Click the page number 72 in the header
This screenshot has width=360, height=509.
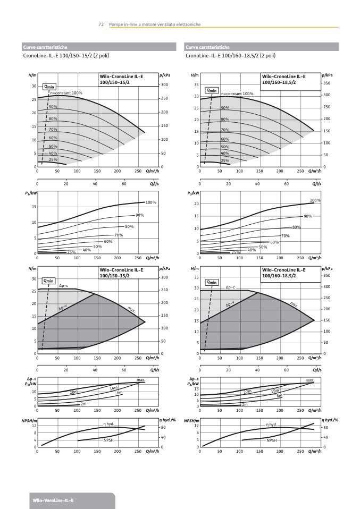coord(101,24)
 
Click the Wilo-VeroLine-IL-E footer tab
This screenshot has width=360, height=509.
coord(53,500)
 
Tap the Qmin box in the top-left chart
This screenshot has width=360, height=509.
coord(49,86)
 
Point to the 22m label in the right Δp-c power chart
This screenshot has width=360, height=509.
coord(247,391)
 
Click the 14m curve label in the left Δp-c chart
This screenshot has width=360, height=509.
coord(114,388)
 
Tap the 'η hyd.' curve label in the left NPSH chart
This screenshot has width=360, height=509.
coord(108,424)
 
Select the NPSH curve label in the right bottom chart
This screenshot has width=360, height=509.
coord(271,440)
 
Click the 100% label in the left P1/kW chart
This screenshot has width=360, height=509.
coord(151,202)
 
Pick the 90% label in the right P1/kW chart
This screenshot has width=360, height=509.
coord(307,216)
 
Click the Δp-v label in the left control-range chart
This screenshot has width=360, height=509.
coord(63,308)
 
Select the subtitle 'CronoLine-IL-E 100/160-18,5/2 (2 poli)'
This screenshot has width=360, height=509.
coord(231,55)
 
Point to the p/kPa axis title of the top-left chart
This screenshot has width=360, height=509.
coord(165,76)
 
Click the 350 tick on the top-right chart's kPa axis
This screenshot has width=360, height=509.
coord(326,84)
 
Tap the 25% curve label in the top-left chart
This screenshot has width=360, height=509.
coord(53,159)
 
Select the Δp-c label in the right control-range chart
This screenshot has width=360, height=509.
coord(231,287)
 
